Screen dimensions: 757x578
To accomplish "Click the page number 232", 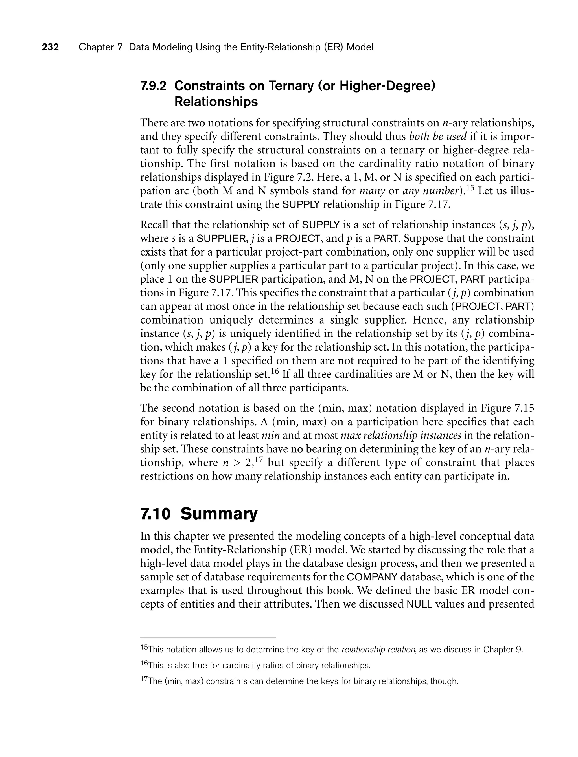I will click(x=50, y=47).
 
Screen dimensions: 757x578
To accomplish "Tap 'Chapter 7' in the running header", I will click(x=100, y=47).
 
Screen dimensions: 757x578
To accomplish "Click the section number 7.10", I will click(x=155, y=514).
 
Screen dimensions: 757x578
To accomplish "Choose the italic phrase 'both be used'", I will click(x=438, y=137).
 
